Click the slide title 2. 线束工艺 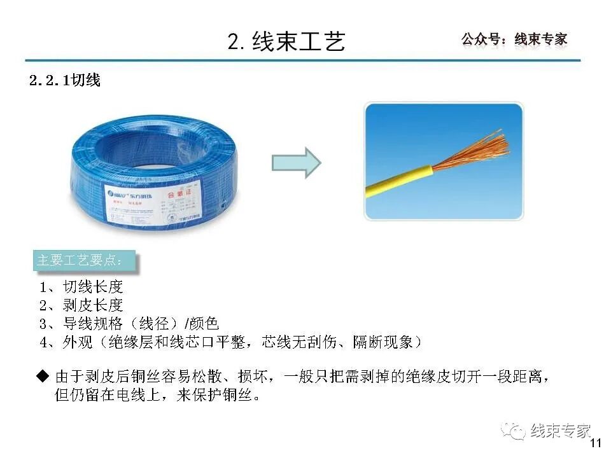click(286, 41)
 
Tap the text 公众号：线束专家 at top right click(514, 39)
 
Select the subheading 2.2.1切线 click(65, 81)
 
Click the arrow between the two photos click(296, 163)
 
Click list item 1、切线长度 click(81, 287)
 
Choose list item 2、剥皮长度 click(81, 305)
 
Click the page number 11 click(596, 443)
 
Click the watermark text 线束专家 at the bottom click(561, 431)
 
